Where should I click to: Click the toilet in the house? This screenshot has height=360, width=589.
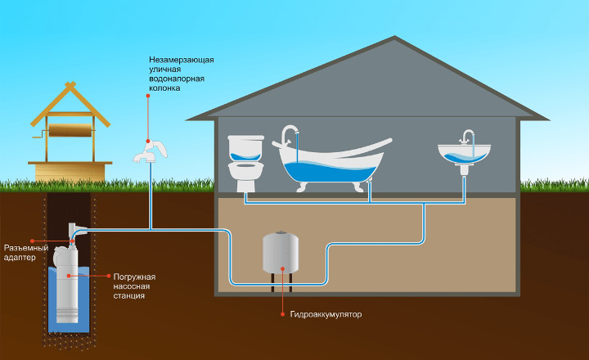pos(245,164)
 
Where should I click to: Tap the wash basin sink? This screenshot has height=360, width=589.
pos(464,153)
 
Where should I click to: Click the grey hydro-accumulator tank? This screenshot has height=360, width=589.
pos(281,254)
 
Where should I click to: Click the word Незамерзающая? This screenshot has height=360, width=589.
pos(181,60)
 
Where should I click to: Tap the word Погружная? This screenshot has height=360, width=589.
pos(134,277)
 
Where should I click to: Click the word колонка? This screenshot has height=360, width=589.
pos(168,89)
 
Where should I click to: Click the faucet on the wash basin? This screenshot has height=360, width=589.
pos(467,137)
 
